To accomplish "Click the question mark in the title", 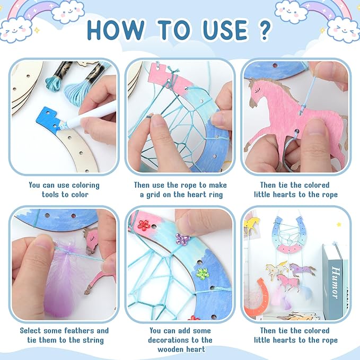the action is point(265,30).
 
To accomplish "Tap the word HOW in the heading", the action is point(116,30).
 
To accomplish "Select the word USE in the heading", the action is point(225,30).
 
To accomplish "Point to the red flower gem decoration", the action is point(144,225).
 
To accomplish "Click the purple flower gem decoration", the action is point(182,239).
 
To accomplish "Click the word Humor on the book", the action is point(336,283).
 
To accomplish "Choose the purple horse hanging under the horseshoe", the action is point(301,269).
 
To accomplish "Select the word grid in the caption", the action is point(153,195).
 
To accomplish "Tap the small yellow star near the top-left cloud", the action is point(37,30).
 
